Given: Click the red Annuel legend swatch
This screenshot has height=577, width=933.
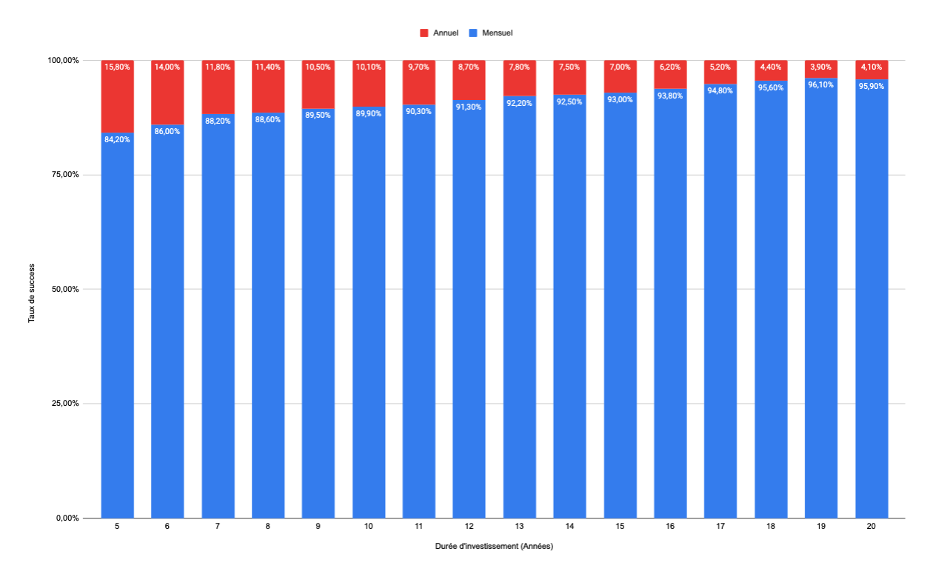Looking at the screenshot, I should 424,33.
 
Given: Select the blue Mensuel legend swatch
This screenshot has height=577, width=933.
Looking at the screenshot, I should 473,33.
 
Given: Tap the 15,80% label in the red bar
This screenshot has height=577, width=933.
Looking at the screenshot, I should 118,67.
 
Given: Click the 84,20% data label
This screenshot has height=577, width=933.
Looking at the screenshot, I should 118,139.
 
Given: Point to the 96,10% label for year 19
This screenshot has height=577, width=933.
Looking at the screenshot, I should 821,84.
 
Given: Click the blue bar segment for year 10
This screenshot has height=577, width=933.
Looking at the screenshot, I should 369,311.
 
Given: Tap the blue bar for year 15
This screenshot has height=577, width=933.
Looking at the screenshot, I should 620,311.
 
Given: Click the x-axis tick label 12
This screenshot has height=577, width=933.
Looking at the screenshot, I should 469,526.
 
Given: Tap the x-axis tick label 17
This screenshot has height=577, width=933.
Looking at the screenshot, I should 720,526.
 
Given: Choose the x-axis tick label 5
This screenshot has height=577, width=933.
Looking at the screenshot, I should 118,526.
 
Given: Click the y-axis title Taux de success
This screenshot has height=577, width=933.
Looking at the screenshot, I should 32,289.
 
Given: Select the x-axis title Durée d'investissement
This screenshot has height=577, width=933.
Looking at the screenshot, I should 494,547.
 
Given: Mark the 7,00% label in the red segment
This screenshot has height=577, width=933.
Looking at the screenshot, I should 620,67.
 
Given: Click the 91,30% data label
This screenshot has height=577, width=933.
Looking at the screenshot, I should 469,107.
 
